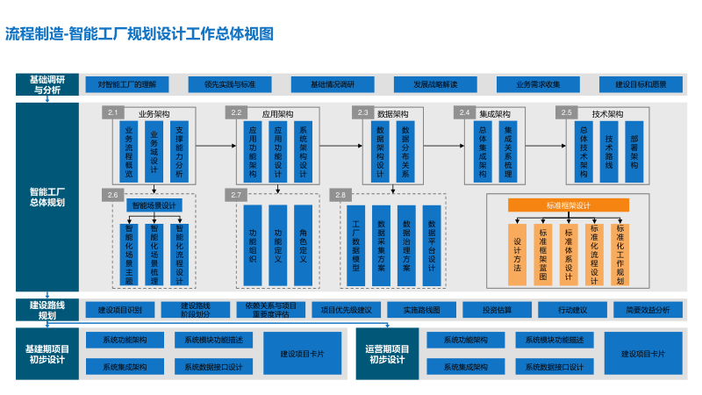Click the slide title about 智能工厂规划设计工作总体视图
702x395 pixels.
140,34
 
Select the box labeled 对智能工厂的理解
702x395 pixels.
127,84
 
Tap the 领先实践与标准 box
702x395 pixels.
230,84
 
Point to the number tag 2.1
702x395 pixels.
113,113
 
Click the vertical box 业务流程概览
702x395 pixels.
129,151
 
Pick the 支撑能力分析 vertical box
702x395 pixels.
178,151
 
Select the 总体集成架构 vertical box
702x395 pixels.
483,151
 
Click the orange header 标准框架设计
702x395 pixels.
569,205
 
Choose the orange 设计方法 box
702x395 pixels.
518,254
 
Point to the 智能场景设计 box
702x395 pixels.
154,205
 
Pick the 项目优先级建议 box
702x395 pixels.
347,310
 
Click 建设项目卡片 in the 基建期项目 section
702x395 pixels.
302,353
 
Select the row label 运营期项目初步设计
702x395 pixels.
387,354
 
